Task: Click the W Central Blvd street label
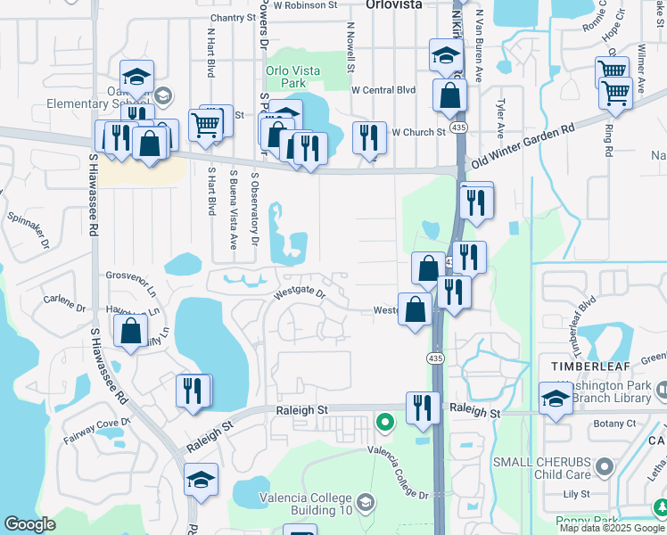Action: coord(383,90)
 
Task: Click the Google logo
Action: coord(29,524)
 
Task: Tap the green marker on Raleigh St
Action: coord(384,421)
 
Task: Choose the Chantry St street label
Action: coord(233,18)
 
